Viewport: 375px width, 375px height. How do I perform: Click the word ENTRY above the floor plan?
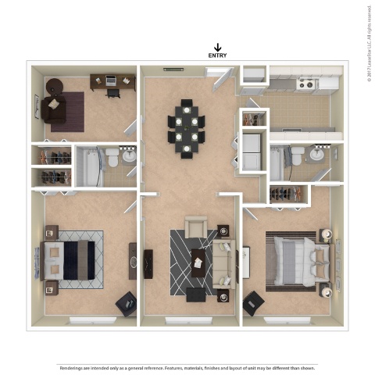[x=217, y=55]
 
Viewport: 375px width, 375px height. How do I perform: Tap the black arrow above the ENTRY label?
[x=217, y=46]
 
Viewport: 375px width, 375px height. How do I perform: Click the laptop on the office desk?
[x=109, y=80]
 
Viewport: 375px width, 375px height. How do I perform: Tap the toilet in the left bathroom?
[x=112, y=159]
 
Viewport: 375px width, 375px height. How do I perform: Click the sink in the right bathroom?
[x=316, y=154]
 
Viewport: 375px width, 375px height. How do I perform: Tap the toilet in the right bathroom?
[x=295, y=155]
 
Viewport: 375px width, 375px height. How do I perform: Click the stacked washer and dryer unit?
[x=252, y=151]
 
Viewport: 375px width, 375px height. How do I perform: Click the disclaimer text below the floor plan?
[x=187, y=366]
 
